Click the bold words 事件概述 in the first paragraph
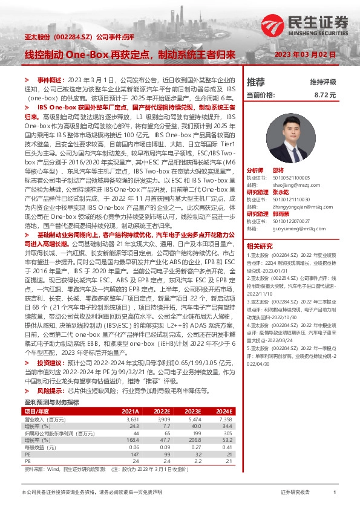[51, 80]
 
